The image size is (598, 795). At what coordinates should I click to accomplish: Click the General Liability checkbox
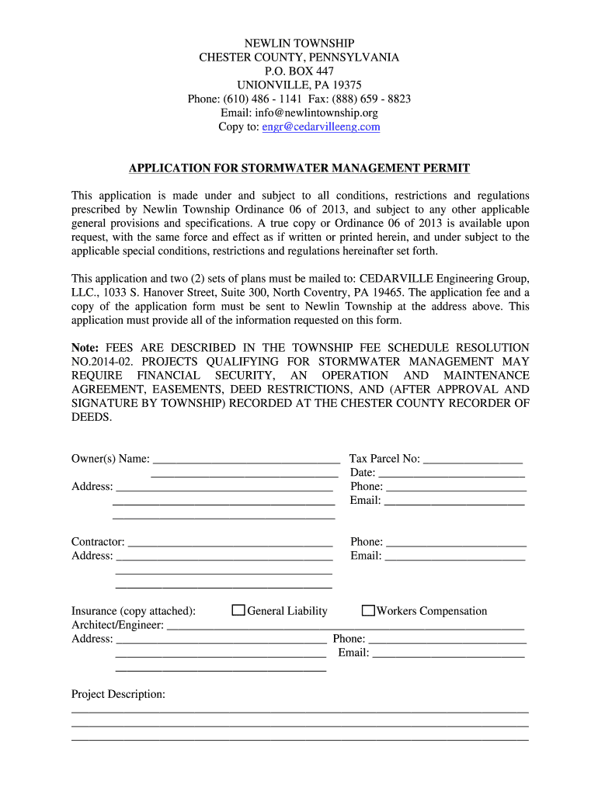pos(239,611)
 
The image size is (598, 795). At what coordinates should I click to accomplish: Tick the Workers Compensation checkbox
pos(369,611)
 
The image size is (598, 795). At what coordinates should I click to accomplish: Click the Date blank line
pos(451,473)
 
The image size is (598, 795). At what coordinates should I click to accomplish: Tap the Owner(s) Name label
pos(110,459)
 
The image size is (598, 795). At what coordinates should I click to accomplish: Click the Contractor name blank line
pos(230,542)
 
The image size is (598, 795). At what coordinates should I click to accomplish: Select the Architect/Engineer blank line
pos(346,625)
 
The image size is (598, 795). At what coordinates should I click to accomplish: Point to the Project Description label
pos(118,694)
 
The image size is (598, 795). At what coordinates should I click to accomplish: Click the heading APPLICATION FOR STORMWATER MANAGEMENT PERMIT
pos(299,168)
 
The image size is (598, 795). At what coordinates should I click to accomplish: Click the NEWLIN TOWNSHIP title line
pos(299,43)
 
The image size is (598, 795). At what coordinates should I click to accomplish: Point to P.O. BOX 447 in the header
pos(299,71)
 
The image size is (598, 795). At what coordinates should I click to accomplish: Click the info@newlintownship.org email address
pos(322,113)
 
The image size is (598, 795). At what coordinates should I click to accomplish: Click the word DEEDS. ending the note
pos(92,417)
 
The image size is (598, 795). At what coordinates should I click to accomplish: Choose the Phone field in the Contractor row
pos(456,542)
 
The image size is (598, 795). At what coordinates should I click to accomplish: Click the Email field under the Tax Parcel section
pos(454,501)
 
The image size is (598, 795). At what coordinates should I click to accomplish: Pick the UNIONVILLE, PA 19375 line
pos(299,85)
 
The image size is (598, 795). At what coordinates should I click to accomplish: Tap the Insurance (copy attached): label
pos(134,611)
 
